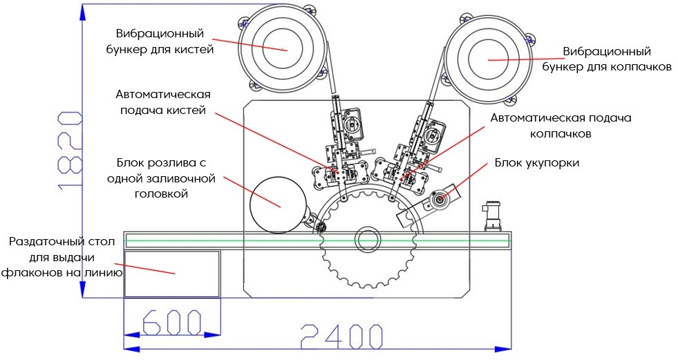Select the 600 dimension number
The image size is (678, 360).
coord(171,323)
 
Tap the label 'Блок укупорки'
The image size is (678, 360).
coord(536,163)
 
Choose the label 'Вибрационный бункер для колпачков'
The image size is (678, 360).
coord(607,59)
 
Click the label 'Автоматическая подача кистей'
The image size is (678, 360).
coord(163,102)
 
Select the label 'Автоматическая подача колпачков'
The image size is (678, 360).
coord(561,126)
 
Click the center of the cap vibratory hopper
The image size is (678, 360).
coord(489,59)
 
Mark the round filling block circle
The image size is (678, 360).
coord(278,202)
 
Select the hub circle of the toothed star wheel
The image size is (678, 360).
coord(368,240)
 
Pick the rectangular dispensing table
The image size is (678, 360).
coord(171,273)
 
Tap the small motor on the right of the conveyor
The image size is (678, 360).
coord(492,216)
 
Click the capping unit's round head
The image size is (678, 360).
coord(438,200)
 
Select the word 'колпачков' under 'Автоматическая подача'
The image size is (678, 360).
coord(561,134)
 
